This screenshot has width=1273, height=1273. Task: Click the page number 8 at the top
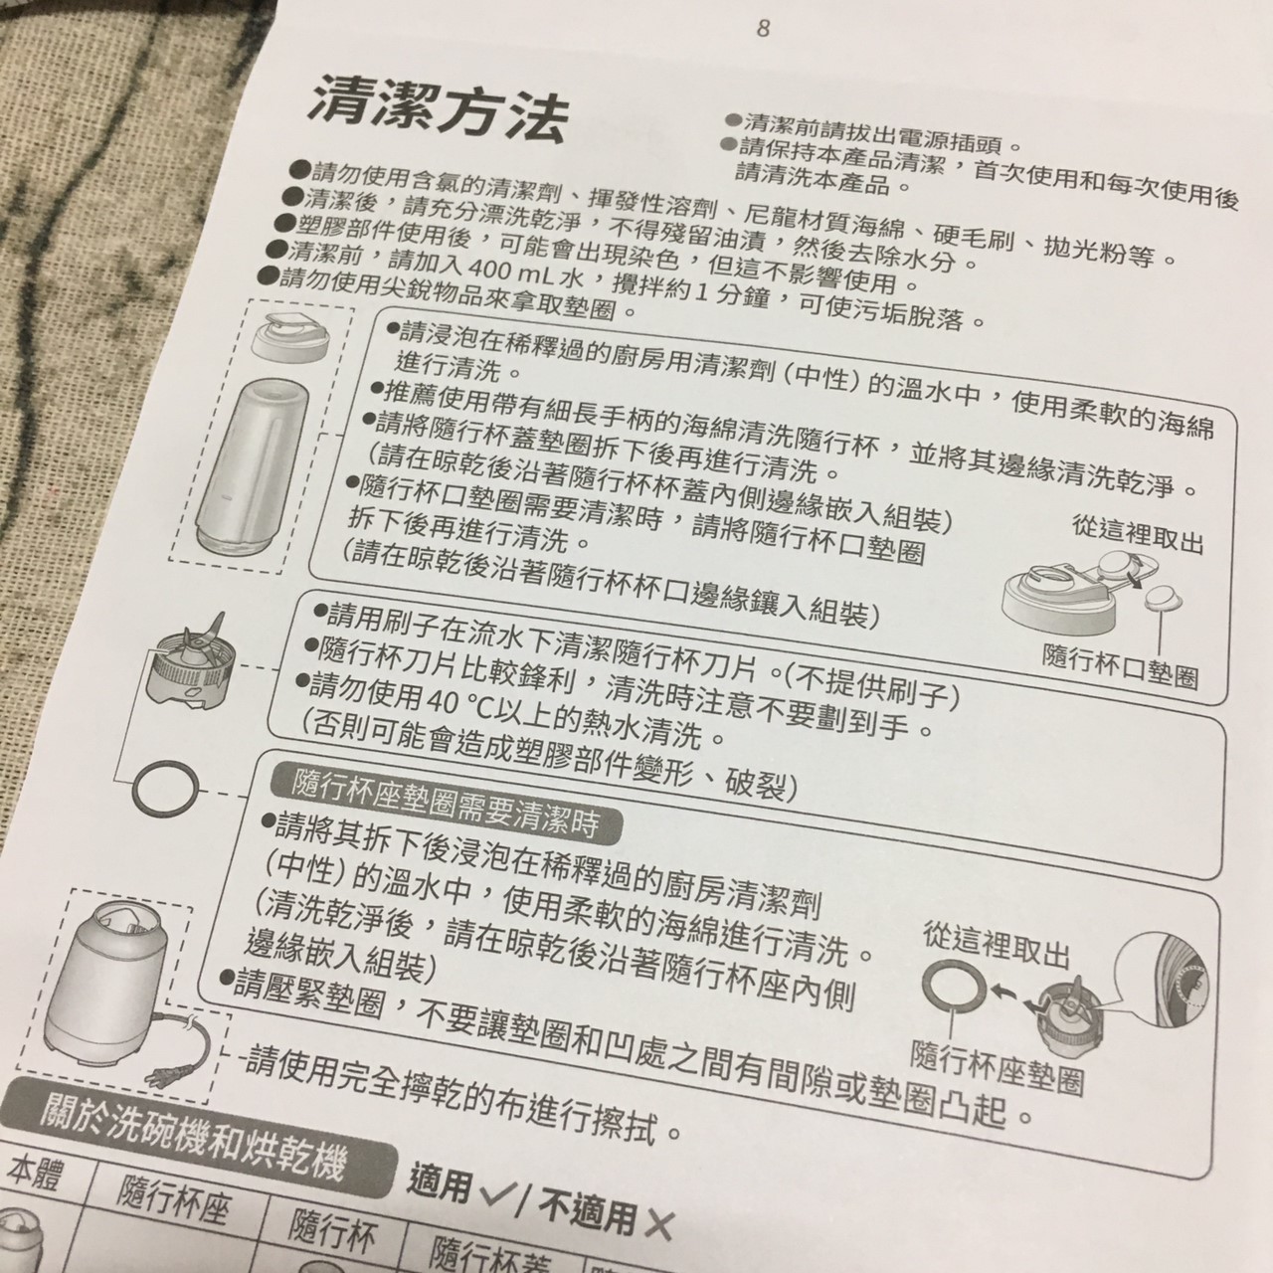763,27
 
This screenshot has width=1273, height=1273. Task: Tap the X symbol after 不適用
656,1226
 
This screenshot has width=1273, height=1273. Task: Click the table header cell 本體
35,1178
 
